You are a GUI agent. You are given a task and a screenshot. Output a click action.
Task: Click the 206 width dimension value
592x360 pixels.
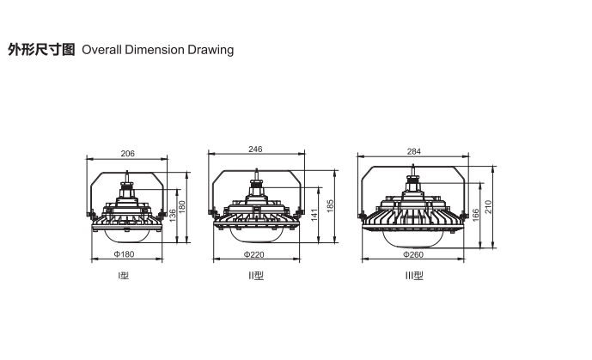click(x=128, y=154)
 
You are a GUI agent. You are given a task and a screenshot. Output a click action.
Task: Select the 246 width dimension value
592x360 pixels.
click(x=255, y=149)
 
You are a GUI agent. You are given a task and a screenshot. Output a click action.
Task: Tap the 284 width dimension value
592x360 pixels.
click(x=414, y=151)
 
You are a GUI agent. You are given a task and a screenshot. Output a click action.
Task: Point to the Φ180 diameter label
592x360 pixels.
click(x=125, y=254)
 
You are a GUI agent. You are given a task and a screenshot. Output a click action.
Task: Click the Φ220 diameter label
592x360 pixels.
click(x=253, y=254)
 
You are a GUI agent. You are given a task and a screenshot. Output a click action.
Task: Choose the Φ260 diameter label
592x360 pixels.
click(x=413, y=254)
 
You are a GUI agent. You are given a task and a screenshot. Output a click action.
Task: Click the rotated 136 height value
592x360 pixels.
click(x=172, y=216)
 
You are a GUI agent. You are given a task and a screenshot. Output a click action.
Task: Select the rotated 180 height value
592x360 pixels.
click(x=182, y=207)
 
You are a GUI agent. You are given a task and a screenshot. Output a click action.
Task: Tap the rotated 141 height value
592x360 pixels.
click(x=314, y=215)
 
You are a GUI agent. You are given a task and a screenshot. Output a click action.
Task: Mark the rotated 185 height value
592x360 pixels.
click(x=330, y=206)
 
